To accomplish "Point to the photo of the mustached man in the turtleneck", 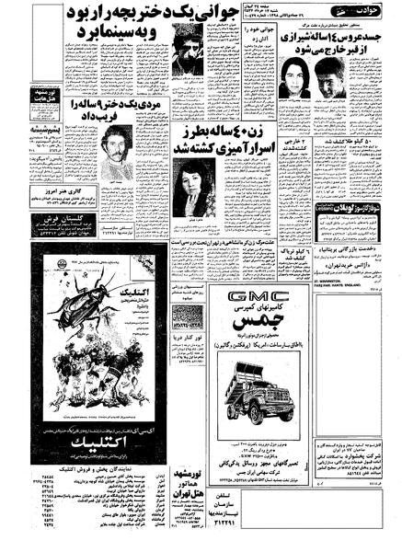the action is pos(114,152).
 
